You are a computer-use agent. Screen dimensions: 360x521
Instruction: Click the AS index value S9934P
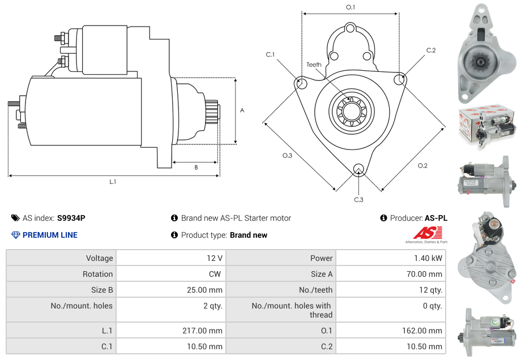click(x=71, y=218)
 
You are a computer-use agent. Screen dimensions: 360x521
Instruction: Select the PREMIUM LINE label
click(x=50, y=235)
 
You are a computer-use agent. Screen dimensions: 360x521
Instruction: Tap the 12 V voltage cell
click(x=215, y=258)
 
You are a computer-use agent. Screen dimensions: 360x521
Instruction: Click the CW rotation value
click(x=216, y=274)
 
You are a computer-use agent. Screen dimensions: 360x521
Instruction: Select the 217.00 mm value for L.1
click(x=207, y=331)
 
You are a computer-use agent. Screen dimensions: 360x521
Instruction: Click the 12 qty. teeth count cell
click(x=432, y=290)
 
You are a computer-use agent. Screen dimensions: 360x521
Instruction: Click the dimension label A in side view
click(x=242, y=110)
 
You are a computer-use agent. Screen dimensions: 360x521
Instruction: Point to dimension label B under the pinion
click(x=196, y=167)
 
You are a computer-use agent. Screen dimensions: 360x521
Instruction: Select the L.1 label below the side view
click(x=113, y=182)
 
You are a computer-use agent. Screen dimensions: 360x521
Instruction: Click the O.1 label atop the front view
click(x=351, y=7)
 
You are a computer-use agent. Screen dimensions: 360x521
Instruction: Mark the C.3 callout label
click(x=358, y=199)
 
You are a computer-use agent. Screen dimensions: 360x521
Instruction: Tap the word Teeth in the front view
click(x=314, y=65)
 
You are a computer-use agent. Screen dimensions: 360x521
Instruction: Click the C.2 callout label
click(x=431, y=50)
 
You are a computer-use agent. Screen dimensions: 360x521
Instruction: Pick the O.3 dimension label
click(x=287, y=156)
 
